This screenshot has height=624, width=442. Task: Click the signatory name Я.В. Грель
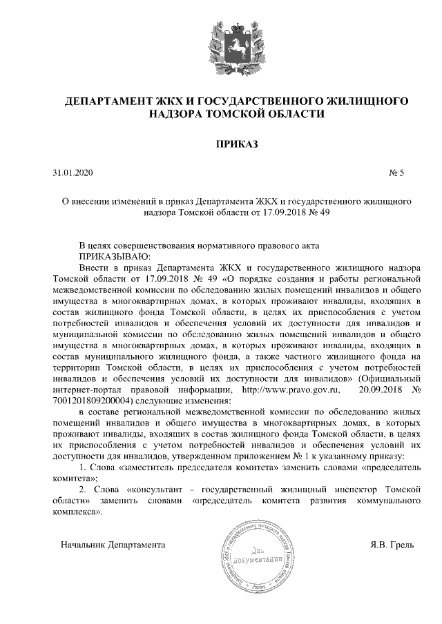click(x=392, y=545)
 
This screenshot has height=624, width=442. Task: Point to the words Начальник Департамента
click(x=113, y=545)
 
